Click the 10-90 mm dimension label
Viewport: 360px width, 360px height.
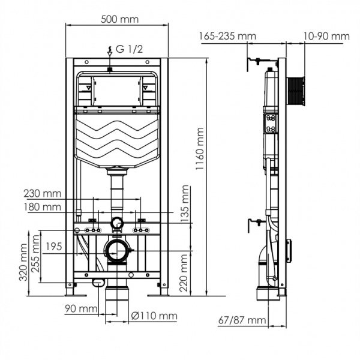coord(326,36)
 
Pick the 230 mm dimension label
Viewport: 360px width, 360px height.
coord(43,193)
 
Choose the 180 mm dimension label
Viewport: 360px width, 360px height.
coord(43,207)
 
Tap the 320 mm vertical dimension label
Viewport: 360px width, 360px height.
coord(23,264)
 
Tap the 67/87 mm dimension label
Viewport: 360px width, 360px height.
coord(242,320)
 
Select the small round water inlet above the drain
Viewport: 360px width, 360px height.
coord(117,224)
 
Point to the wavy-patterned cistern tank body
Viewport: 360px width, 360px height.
coord(117,137)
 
